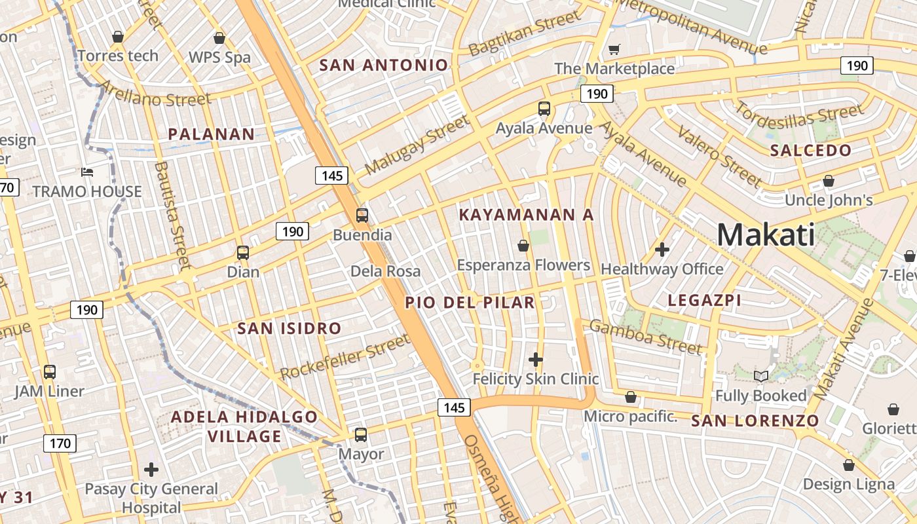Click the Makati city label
766,234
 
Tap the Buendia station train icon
362,215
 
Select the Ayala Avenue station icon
544,108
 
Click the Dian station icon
243,252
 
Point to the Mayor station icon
360,434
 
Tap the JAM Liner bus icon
50,372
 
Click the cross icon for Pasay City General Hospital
151,470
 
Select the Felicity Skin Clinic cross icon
536,359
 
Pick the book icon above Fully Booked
760,376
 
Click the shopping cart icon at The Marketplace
614,49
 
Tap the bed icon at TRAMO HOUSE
87,172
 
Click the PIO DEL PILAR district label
470,302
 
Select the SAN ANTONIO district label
384,65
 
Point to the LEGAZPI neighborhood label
704,300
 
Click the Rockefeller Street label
345,357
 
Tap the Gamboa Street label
646,336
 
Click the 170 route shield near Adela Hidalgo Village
60,443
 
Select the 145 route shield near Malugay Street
331,175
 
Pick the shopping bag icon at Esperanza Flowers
523,246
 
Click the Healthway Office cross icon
662,250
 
